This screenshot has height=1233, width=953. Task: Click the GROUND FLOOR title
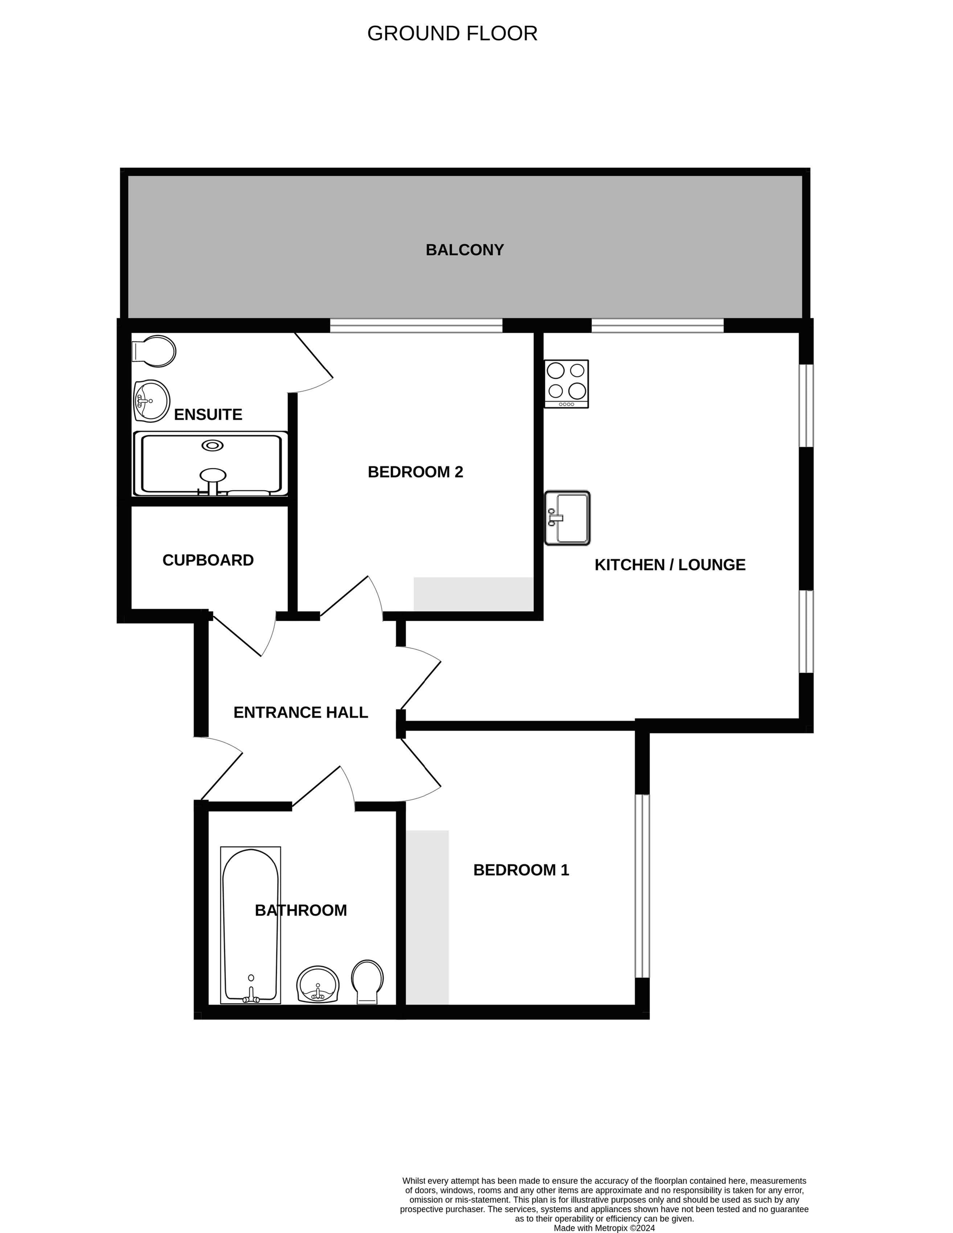point(452,33)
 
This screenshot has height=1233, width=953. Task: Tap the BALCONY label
point(465,250)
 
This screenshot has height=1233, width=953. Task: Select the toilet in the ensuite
point(153,351)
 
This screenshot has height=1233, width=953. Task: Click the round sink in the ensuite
point(151,400)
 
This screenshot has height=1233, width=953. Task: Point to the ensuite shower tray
point(210,464)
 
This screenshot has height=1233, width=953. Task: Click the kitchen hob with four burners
point(566,383)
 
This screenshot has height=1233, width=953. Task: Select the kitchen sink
point(567,518)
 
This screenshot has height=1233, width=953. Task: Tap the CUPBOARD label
point(208,560)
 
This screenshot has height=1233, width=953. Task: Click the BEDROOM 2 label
point(415,472)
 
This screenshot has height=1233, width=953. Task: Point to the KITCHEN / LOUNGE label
point(670,564)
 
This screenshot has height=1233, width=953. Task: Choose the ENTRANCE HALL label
point(301,712)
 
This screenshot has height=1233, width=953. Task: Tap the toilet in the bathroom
point(367,982)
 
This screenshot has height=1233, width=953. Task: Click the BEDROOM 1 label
point(521,870)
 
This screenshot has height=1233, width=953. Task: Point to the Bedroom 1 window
point(642,886)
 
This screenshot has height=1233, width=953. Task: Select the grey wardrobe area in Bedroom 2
point(474,594)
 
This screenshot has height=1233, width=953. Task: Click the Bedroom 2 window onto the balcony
point(416,326)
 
